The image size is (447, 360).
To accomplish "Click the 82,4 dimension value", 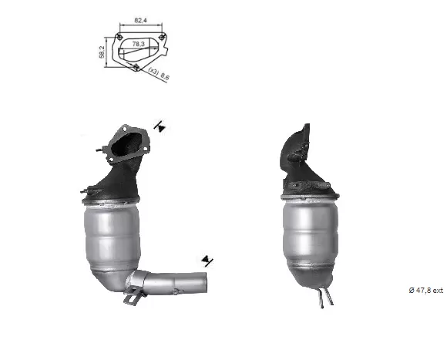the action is point(140,20).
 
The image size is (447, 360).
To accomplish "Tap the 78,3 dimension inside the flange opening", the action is point(138,44).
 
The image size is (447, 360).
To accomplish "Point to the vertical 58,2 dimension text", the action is point(102,52).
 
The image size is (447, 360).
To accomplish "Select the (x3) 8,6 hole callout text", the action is point(159,74).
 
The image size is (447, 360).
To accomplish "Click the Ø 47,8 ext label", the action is point(426,290).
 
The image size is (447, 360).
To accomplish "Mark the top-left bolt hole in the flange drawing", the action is point(119,37).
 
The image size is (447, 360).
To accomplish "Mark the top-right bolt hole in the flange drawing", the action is point(162,37).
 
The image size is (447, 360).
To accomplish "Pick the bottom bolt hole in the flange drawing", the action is point(136,67).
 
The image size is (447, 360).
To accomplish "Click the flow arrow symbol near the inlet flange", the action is point(160,126).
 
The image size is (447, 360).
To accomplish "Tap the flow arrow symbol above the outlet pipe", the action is point(207,261).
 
